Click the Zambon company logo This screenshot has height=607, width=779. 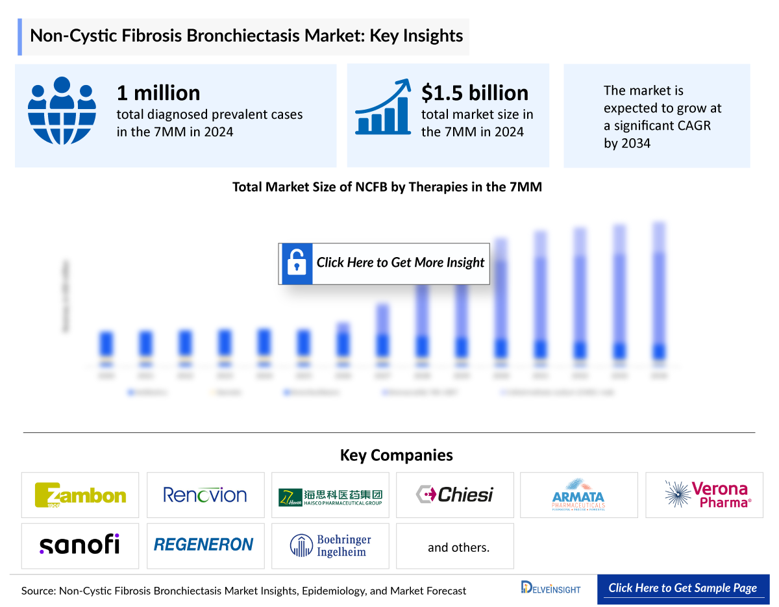80,495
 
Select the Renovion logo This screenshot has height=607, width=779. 205,495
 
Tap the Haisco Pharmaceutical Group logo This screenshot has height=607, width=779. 330,495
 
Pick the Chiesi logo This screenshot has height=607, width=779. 454,495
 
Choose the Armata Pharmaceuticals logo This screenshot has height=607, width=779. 578,495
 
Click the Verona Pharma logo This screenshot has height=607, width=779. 704,495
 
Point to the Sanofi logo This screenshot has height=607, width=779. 80,545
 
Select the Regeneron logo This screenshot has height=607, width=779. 205,545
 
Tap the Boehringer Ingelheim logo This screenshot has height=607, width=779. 330,545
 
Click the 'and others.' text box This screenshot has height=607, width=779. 458,547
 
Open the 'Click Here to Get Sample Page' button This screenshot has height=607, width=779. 682,588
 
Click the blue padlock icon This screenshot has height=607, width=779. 297,264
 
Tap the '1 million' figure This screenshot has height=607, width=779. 158,93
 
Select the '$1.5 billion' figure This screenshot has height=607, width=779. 475,93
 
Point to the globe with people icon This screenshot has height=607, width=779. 62,110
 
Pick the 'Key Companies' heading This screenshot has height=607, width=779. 388,455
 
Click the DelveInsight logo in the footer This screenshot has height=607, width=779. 550,588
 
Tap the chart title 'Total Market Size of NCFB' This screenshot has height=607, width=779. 387,187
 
